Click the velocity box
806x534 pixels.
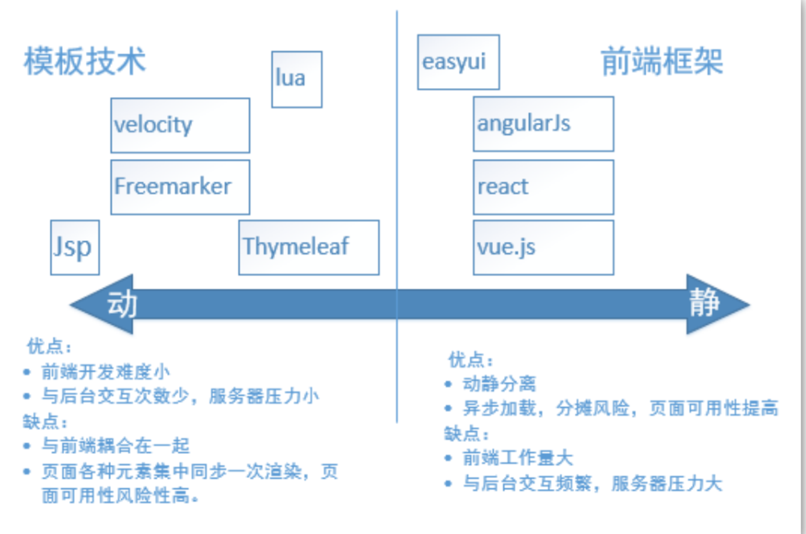point(180,125)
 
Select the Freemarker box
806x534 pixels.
point(180,187)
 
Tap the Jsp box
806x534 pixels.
point(75,247)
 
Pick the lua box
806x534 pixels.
point(297,79)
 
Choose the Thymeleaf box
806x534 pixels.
point(308,247)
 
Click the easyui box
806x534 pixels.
point(458,62)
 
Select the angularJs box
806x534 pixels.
point(543,124)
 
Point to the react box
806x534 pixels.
point(543,187)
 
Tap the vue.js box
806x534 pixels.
point(543,247)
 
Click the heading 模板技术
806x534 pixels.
point(85,61)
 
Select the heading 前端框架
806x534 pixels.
point(662,61)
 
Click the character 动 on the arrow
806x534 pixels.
point(121,304)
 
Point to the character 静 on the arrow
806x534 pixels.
point(704,303)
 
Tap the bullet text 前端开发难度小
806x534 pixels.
point(106,372)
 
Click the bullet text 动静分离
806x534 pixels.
point(499,384)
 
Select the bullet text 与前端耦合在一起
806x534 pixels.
point(116,446)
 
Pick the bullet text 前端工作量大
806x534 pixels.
point(517,457)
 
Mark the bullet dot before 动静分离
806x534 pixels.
point(448,384)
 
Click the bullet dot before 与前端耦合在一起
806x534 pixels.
point(27,446)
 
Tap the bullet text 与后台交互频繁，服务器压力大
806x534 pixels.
point(593,483)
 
